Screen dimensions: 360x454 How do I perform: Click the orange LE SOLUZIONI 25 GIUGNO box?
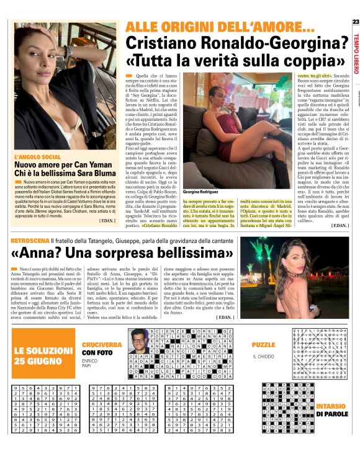(38, 355)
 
